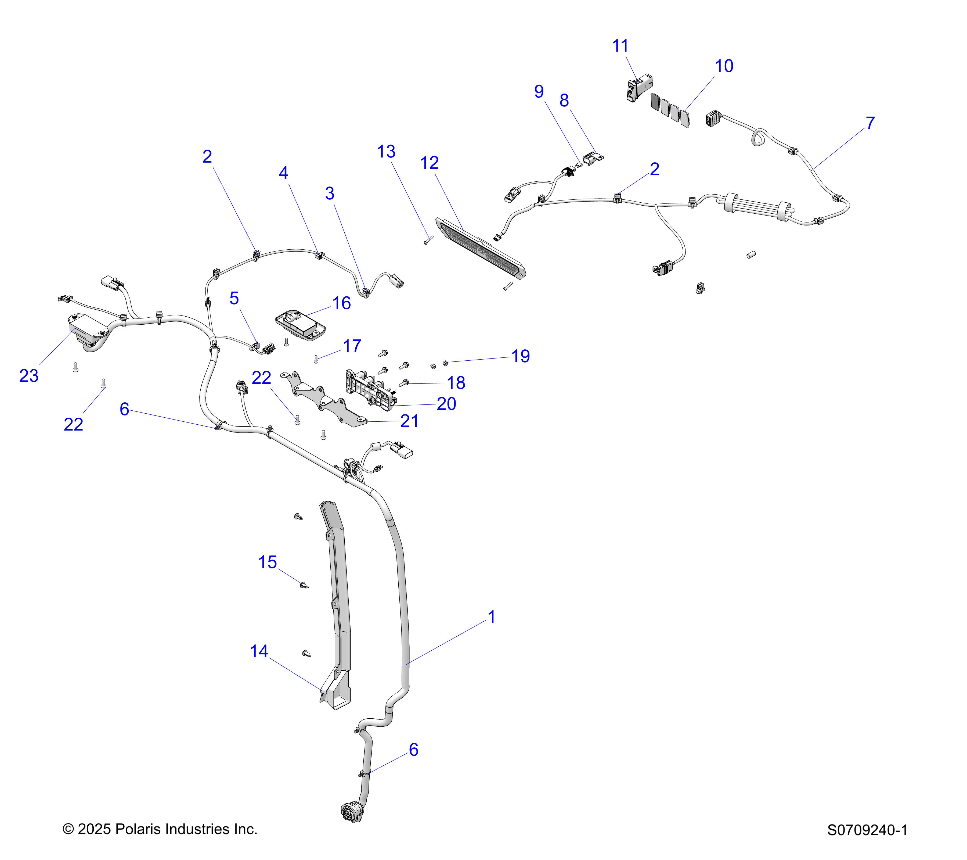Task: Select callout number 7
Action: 870,123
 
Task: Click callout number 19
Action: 520,356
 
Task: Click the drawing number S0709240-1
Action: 867,843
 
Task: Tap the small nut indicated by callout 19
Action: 445,363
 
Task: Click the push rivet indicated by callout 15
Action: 304,586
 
